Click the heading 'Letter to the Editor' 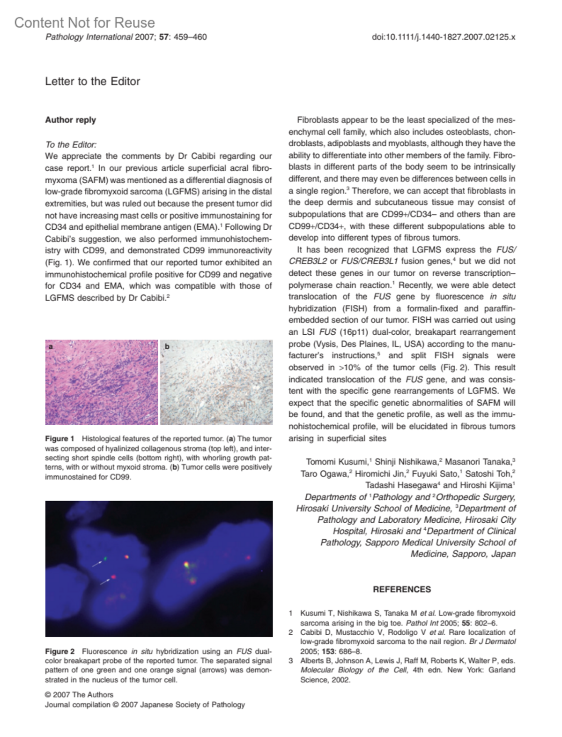[92, 81]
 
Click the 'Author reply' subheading [70, 120]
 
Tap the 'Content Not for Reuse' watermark [84, 23]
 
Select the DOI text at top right [443, 37]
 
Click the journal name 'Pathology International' [89, 37]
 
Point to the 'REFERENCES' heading [402, 589]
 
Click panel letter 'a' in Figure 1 [51, 347]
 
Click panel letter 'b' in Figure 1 [167, 347]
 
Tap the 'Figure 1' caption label [59, 439]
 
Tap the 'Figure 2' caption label [59, 651]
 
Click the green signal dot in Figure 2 [106, 558]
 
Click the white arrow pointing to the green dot [97, 562]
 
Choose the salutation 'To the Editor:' [71, 144]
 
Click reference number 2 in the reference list [291, 632]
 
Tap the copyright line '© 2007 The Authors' [79, 695]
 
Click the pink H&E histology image [102, 382]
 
